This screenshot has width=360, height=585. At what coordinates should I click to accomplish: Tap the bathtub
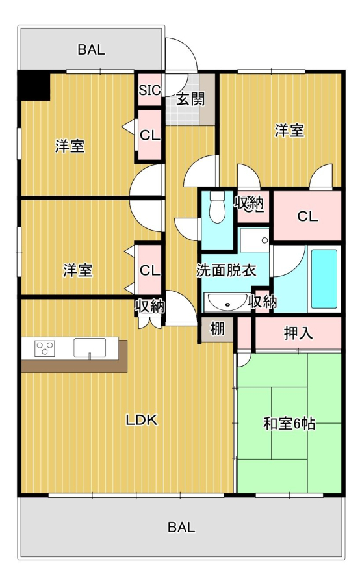tap(324, 279)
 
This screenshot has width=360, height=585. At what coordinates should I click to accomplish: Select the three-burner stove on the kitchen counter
tap(45, 348)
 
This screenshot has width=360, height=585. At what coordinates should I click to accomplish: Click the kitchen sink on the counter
tap(90, 348)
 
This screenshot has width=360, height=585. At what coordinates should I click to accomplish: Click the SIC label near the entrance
tap(149, 90)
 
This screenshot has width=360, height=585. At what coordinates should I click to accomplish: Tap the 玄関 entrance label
tap(190, 99)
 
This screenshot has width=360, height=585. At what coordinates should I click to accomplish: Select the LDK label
tap(142, 421)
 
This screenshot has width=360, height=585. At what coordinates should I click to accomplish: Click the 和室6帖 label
tap(289, 424)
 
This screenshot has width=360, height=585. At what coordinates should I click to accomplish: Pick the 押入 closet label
tap(298, 333)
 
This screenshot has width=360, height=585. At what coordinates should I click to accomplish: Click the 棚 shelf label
tap(217, 329)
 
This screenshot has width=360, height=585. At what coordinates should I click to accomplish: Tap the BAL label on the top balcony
tap(91, 49)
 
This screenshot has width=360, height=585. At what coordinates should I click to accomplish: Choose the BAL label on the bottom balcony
tap(181, 527)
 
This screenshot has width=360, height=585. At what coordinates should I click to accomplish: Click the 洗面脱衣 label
tap(226, 270)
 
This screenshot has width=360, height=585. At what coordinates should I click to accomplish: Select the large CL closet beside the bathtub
tap(307, 216)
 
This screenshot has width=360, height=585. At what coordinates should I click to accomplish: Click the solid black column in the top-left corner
tap(34, 86)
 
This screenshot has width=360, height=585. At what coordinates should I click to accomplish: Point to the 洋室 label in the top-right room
tap(289, 131)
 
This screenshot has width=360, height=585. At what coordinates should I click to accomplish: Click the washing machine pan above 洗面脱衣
tap(255, 240)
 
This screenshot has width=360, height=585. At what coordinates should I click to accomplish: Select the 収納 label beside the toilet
tap(249, 203)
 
